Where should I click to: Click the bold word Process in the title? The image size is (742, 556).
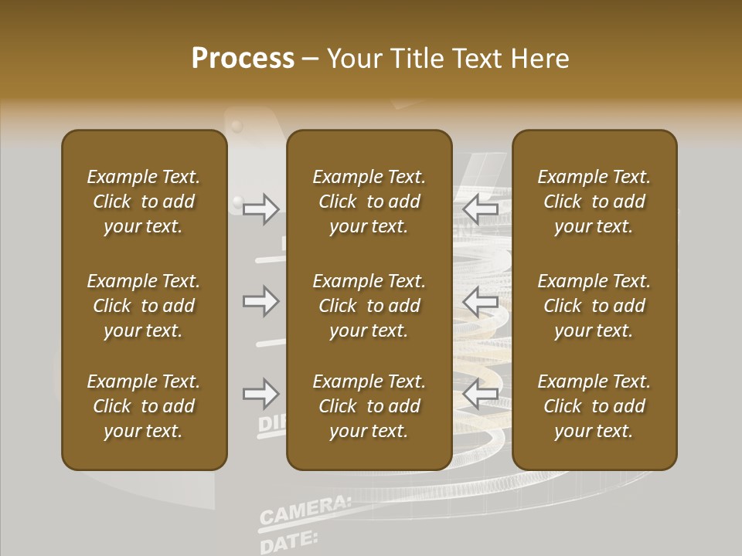pyautogui.click(x=243, y=59)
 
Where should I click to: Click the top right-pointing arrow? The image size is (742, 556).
pyautogui.click(x=261, y=208)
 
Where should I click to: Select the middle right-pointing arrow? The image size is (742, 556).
pyautogui.click(x=261, y=301)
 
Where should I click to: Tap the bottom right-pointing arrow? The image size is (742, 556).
pyautogui.click(x=261, y=395)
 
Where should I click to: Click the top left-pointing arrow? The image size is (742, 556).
pyautogui.click(x=480, y=208)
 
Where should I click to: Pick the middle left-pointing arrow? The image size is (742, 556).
pyautogui.click(x=480, y=301)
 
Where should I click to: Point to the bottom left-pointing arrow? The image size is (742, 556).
pyautogui.click(x=480, y=395)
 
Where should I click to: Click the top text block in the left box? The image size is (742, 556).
pyautogui.click(x=144, y=202)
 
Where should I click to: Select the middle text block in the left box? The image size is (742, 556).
pyautogui.click(x=144, y=306)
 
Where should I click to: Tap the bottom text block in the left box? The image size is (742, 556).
pyautogui.click(x=144, y=406)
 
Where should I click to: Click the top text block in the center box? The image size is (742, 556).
pyautogui.click(x=369, y=202)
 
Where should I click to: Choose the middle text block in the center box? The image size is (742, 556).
pyautogui.click(x=369, y=306)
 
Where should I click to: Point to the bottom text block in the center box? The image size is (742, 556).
pyautogui.click(x=369, y=406)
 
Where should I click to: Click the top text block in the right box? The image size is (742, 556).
pyautogui.click(x=594, y=202)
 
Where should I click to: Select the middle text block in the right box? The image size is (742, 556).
pyautogui.click(x=594, y=306)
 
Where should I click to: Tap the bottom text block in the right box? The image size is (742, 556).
pyautogui.click(x=594, y=406)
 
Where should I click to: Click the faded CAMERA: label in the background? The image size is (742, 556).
pyautogui.click(x=305, y=510)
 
